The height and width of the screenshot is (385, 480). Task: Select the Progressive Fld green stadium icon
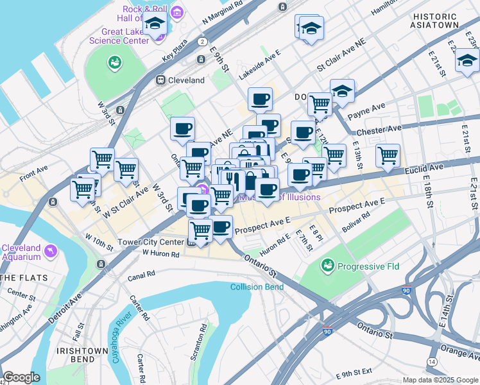(x=328, y=265)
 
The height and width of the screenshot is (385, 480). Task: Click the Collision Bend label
(x=257, y=287)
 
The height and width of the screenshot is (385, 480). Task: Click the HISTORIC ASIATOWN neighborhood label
(x=436, y=21)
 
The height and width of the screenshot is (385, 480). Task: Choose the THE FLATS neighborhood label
(x=19, y=278)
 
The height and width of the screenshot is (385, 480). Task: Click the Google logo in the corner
(x=22, y=377)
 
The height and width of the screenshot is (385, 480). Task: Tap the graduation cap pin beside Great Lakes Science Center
(x=155, y=25)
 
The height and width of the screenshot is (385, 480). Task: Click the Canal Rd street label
(x=141, y=274)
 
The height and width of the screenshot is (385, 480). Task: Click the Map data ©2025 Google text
(x=440, y=380)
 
